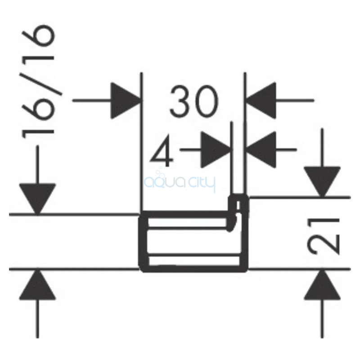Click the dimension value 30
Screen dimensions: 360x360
(x=194, y=101)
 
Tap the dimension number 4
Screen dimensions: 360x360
(x=162, y=151)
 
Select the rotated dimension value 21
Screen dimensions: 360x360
(x=323, y=237)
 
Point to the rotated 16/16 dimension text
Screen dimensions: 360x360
(x=38, y=82)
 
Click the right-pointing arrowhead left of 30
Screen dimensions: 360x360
(x=126, y=100)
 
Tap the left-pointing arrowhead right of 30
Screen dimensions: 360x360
(x=261, y=100)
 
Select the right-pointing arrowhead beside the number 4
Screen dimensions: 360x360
(x=216, y=150)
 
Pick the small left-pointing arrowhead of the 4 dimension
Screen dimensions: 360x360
(x=261, y=150)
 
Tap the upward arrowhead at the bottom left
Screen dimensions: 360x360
(x=37, y=285)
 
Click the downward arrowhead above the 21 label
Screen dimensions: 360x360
(x=322, y=182)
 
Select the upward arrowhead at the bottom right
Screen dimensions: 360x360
(x=322, y=285)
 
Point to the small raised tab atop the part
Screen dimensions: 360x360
(x=238, y=202)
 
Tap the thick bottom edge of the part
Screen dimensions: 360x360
(x=193, y=269)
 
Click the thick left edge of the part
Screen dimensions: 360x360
(x=143, y=241)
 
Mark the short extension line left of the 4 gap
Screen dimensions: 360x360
(x=232, y=158)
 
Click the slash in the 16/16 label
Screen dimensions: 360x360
(x=41, y=84)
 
